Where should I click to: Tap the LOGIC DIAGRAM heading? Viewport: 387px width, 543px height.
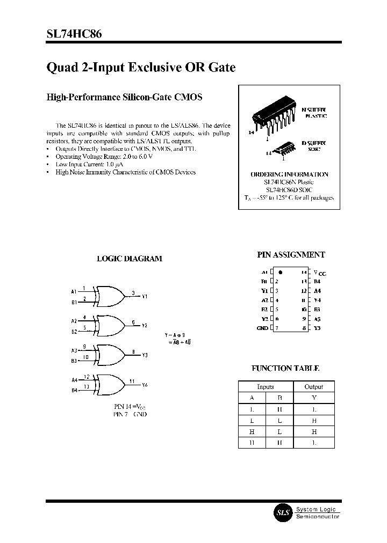coord(129,258)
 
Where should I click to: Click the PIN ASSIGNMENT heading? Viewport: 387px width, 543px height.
coord(291,255)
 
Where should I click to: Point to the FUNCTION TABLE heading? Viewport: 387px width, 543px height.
coord(285,368)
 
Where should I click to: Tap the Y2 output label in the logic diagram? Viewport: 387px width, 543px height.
coord(145,326)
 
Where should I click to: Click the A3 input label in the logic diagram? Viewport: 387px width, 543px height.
coord(74,350)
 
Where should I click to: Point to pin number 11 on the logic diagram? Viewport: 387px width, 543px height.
coord(132,381)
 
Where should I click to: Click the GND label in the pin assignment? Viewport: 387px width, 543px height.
coord(262,328)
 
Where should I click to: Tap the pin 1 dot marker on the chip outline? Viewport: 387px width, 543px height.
coord(280,272)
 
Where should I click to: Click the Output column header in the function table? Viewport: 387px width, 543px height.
coord(314,386)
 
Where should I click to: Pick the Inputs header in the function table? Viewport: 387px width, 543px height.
coord(266,386)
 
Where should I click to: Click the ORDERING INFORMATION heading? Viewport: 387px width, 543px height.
coord(289,174)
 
